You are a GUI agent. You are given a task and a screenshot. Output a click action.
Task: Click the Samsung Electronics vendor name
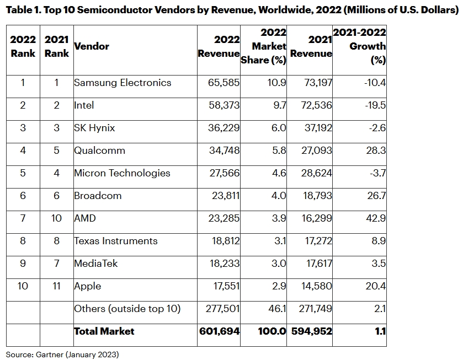point(123,83)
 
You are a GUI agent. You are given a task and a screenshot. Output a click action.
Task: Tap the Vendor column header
point(92,46)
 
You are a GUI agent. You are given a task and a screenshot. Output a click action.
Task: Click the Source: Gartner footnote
point(62,354)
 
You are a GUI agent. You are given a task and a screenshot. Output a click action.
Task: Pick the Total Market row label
point(104,331)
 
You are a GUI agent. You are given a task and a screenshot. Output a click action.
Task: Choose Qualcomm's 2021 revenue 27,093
point(311,151)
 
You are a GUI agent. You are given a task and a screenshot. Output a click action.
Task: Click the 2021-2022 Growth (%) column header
point(360,46)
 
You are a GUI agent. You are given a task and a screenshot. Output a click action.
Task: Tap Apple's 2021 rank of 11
point(56,286)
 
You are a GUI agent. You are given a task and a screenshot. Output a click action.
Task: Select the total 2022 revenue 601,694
point(219,331)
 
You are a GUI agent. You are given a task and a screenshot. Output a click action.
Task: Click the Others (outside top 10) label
point(127,309)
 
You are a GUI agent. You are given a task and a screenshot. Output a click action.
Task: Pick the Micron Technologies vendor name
point(122,173)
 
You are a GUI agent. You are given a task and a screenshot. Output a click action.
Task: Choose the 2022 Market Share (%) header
point(264,46)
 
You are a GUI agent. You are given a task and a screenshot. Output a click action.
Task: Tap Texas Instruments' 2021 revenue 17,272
point(311,241)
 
